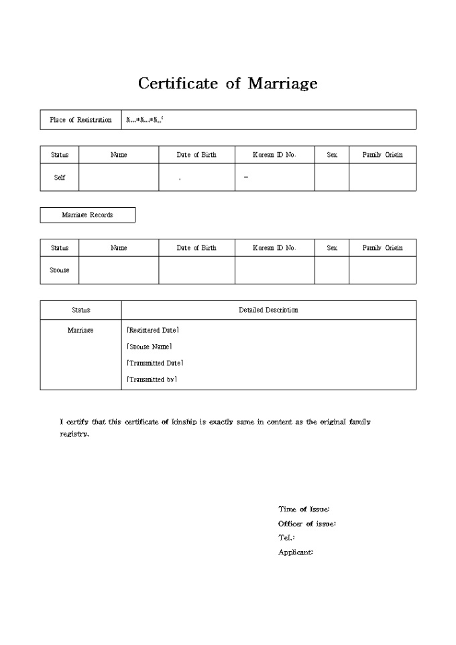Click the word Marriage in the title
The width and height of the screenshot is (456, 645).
[282, 84]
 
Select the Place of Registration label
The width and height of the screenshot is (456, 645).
[80, 120]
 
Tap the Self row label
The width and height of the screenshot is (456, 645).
[60, 178]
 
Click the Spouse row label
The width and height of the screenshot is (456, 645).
[60, 270]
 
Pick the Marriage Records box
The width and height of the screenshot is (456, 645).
[87, 215]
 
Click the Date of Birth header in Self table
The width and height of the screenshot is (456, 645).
[196, 155]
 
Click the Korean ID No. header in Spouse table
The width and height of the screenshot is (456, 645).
[274, 248]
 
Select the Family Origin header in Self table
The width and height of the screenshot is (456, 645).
[382, 155]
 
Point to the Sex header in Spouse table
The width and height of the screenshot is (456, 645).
[332, 248]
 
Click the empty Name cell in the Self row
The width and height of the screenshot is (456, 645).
[119, 178]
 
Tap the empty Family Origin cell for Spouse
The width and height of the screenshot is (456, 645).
[382, 270]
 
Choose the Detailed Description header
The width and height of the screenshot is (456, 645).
[268, 310]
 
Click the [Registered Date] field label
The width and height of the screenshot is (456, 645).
[153, 330]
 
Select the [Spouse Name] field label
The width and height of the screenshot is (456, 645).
[150, 347]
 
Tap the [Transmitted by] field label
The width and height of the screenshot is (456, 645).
[152, 379]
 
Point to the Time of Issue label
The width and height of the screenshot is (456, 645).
[304, 510]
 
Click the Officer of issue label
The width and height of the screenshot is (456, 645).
[307, 524]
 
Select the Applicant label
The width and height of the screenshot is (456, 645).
[296, 552]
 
